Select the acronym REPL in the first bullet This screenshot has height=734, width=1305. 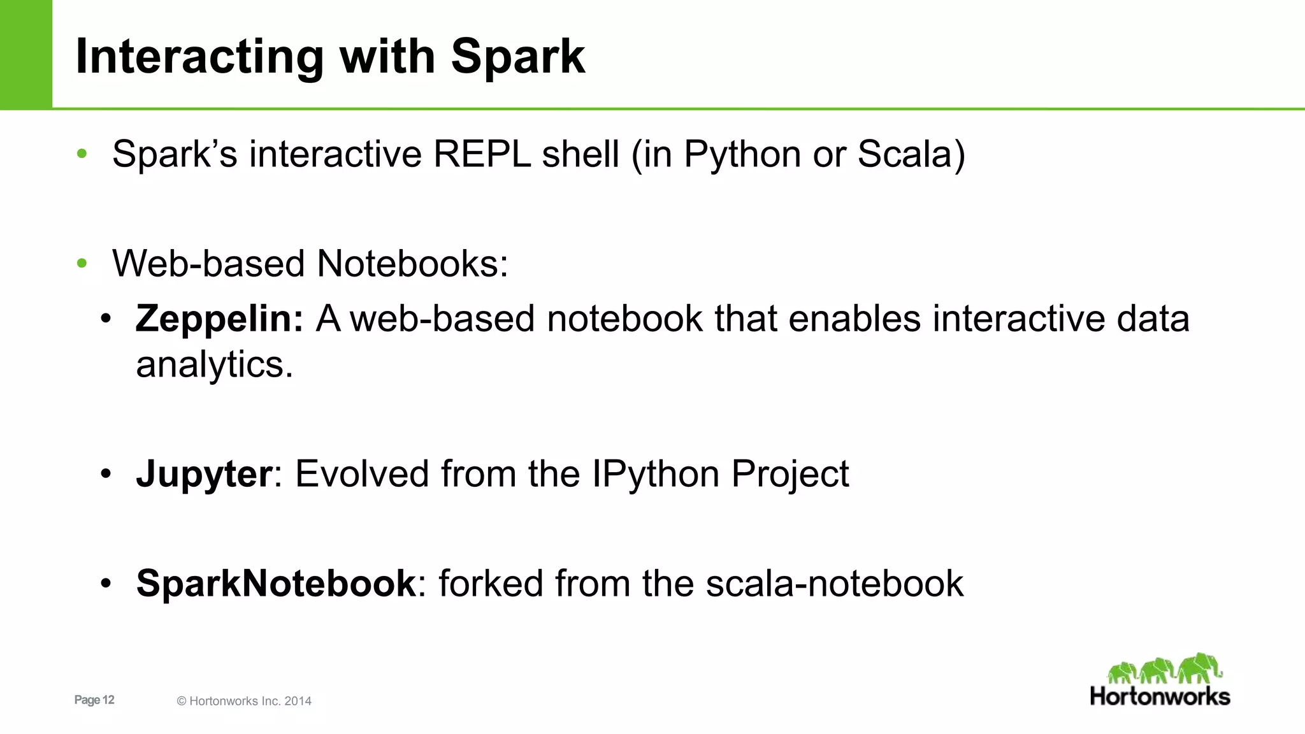[482, 154]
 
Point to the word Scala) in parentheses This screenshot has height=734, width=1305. [911, 154]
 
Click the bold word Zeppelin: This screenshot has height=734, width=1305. [219, 319]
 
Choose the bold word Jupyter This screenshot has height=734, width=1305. [204, 474]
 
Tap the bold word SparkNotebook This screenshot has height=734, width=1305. [276, 584]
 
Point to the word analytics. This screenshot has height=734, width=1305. [214, 366]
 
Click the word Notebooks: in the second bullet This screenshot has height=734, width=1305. [412, 264]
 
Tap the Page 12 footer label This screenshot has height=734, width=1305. [94, 700]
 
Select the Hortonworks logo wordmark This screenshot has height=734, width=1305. [1160, 696]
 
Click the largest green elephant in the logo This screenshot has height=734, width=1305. [1199, 668]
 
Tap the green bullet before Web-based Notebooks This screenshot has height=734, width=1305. [82, 263]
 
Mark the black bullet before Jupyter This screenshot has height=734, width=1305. [106, 474]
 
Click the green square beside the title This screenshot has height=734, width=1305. [25, 54]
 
